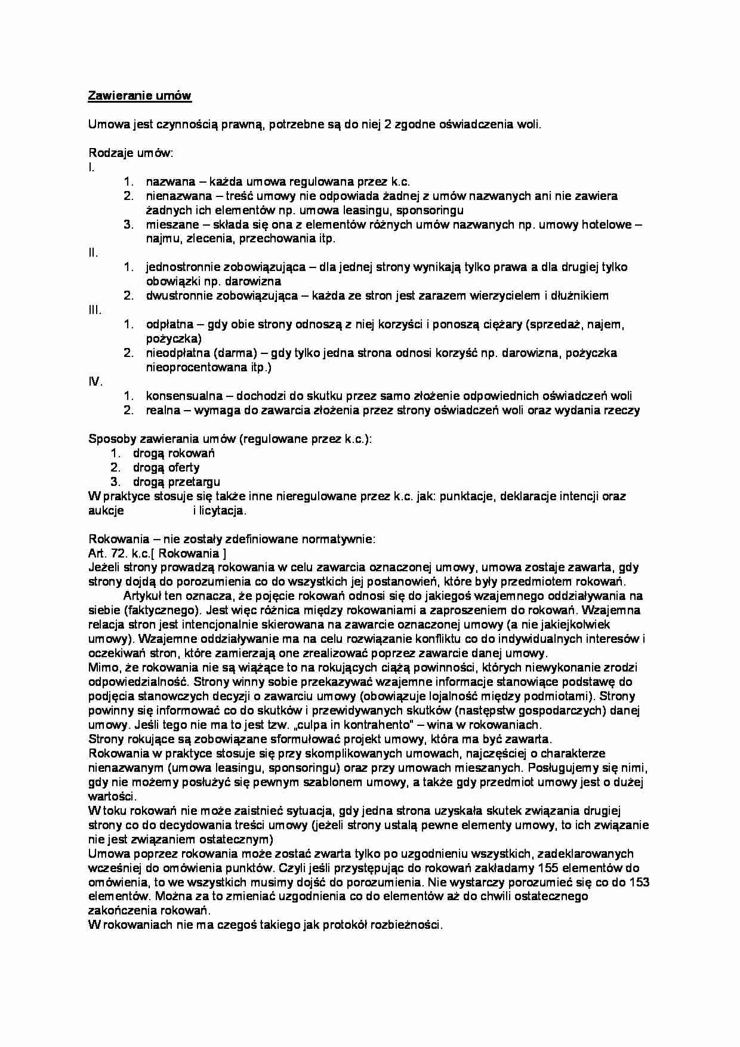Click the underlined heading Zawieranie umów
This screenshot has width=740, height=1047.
(140, 96)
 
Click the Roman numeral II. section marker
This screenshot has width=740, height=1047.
(93, 252)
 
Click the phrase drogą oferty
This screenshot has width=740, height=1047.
(166, 467)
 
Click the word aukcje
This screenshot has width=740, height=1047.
(106, 510)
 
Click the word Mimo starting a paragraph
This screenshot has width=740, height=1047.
(101, 667)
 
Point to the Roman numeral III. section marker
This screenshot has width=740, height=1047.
(94, 310)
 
